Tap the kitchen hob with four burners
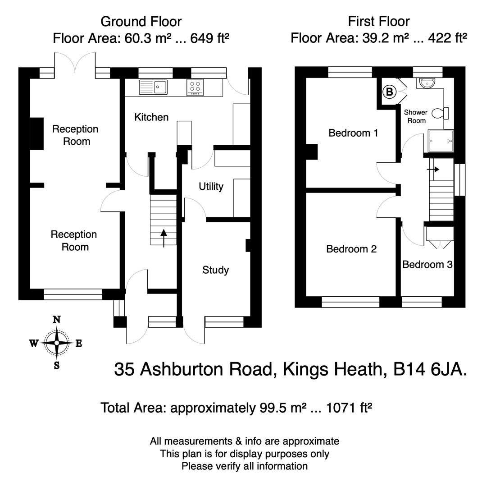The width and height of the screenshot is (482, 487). tap(195, 87)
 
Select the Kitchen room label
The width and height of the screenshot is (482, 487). tap(151, 117)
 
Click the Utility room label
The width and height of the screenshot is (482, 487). tap(211, 186)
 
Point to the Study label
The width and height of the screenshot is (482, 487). tap(215, 270)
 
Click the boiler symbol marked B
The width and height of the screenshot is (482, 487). tap(389, 92)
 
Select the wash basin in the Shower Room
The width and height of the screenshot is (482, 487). tap(426, 83)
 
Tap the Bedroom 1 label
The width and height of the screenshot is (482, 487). tap(353, 133)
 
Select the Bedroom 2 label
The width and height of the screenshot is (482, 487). tap(351, 249)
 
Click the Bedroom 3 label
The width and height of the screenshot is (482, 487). tap(427, 264)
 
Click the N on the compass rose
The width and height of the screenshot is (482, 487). tap(57, 320)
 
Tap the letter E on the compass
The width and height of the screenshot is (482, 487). tap(78, 344)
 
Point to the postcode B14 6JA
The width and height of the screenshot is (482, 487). tap(430, 369)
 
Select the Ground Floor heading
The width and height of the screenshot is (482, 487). tap(141, 21)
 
